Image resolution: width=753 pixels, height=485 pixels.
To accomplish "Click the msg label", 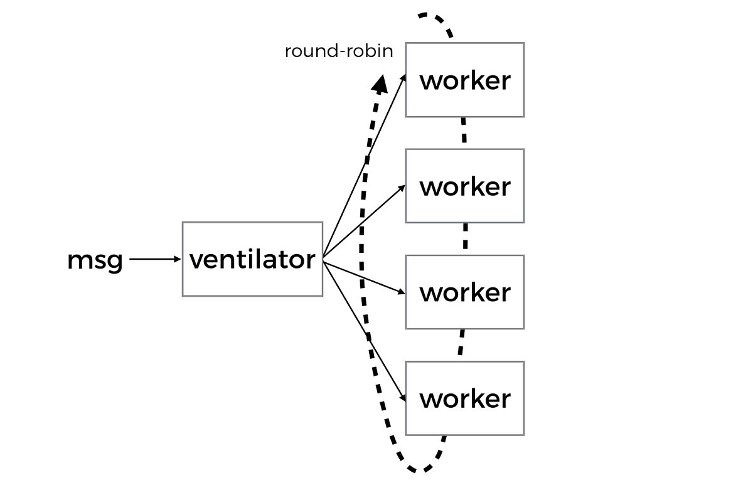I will pyautogui.click(x=95, y=260).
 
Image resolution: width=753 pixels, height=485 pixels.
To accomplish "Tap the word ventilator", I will pyautogui.click(x=252, y=259).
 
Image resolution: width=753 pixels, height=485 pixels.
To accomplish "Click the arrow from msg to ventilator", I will pyautogui.click(x=154, y=258).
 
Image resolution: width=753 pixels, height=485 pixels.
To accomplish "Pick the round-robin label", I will pyautogui.click(x=339, y=51).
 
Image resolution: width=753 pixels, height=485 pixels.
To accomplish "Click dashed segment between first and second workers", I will pyautogui.click(x=464, y=132).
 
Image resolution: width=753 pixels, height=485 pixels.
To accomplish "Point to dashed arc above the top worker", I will pyautogui.click(x=433, y=17).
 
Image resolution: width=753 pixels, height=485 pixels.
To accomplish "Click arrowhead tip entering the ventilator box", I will pyautogui.click(x=179, y=258).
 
